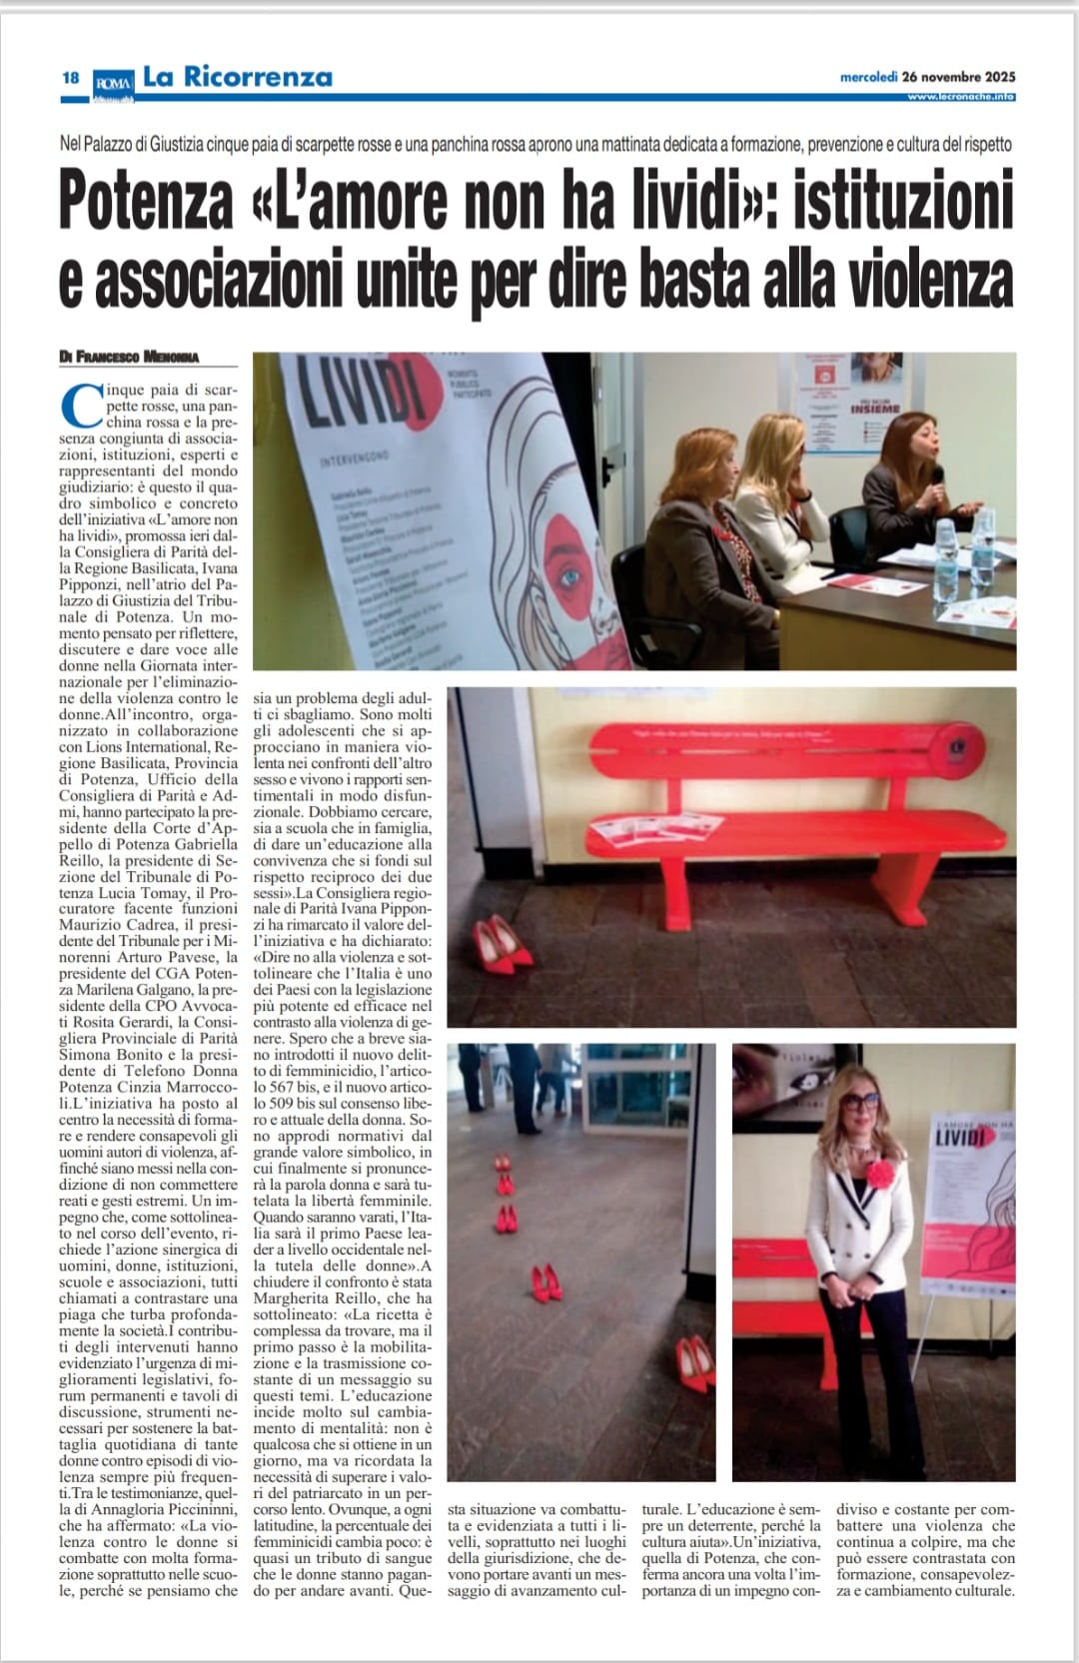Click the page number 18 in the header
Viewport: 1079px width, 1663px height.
[x=70, y=78]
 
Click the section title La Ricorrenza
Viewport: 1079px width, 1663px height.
[x=237, y=76]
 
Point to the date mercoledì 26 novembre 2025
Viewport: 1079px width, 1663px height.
[x=927, y=76]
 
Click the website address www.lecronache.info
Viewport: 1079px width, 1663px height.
[x=961, y=96]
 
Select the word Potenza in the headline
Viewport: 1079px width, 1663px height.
[x=146, y=201]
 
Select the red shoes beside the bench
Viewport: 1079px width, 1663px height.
[x=500, y=944]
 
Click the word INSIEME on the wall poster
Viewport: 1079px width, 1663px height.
[x=875, y=409]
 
